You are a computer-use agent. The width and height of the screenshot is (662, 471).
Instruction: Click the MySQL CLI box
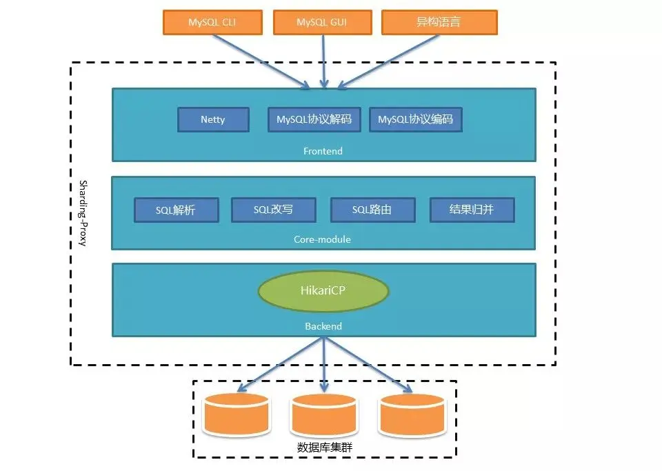[x=212, y=22]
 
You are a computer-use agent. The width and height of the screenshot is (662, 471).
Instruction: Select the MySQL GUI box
[x=322, y=22]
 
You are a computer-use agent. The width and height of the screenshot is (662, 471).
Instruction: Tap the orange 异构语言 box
[x=439, y=22]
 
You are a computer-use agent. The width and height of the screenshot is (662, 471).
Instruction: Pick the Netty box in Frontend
[x=213, y=119]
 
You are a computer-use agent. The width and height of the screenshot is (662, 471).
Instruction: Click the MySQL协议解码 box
[x=314, y=119]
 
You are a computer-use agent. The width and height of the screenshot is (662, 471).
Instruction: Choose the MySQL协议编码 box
[x=415, y=119]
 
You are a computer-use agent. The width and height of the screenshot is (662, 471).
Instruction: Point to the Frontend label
[x=323, y=150]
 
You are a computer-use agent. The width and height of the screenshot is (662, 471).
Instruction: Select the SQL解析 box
[x=177, y=210]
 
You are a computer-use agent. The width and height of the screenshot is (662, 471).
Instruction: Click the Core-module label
[x=323, y=239]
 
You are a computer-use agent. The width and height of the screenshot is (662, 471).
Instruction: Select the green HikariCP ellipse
[x=323, y=291]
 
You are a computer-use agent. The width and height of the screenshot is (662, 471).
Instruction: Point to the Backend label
[x=323, y=325]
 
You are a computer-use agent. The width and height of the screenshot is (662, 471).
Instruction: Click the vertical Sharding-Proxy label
[x=83, y=213]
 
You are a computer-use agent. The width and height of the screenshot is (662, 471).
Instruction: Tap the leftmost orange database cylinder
[x=237, y=414]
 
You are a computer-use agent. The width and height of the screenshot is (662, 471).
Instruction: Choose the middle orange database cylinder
[x=323, y=415]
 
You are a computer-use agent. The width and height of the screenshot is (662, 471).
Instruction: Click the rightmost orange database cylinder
[x=412, y=414]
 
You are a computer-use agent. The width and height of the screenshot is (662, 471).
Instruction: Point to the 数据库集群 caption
[x=325, y=448]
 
